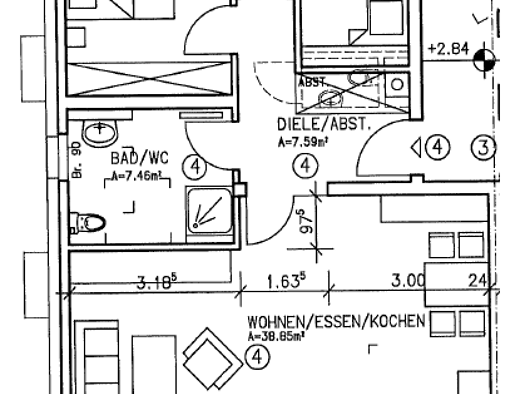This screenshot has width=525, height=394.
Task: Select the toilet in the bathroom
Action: [88, 219]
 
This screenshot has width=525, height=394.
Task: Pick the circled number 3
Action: [485, 148]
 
